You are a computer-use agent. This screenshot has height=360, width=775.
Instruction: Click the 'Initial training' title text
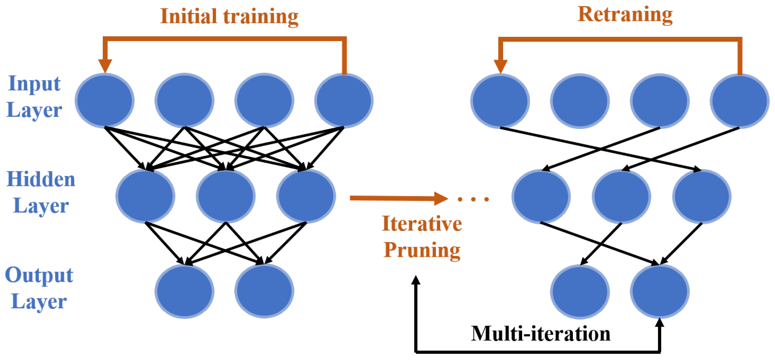[229, 17]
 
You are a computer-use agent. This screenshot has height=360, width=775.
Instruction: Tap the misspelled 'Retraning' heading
[625, 15]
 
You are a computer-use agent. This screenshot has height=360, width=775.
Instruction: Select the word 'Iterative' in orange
[422, 224]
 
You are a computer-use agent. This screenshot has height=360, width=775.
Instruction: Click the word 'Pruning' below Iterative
[422, 250]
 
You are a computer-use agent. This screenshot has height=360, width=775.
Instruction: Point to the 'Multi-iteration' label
[540, 333]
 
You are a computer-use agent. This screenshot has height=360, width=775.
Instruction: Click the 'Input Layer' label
[34, 96]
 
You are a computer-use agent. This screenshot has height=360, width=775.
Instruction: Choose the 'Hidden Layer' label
[41, 192]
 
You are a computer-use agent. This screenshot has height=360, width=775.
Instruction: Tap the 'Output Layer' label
[39, 288]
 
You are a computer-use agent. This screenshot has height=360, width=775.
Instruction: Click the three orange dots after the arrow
[473, 199]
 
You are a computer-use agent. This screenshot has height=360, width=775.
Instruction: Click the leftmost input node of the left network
[104, 100]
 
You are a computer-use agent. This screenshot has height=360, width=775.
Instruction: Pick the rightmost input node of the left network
[344, 100]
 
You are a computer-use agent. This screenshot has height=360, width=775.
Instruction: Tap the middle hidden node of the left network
[225, 196]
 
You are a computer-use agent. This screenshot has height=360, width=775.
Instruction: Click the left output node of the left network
[184, 291]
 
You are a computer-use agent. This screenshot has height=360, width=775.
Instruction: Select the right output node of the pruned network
[660, 291]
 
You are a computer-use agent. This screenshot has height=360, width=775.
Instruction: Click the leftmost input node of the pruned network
[500, 101]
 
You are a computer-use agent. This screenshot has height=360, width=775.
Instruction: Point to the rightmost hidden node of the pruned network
[701, 196]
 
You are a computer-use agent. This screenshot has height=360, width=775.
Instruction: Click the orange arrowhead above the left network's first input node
[105, 66]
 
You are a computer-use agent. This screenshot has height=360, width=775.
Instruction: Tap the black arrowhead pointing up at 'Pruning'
[416, 280]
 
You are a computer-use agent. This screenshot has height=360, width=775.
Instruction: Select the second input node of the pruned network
[580, 101]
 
